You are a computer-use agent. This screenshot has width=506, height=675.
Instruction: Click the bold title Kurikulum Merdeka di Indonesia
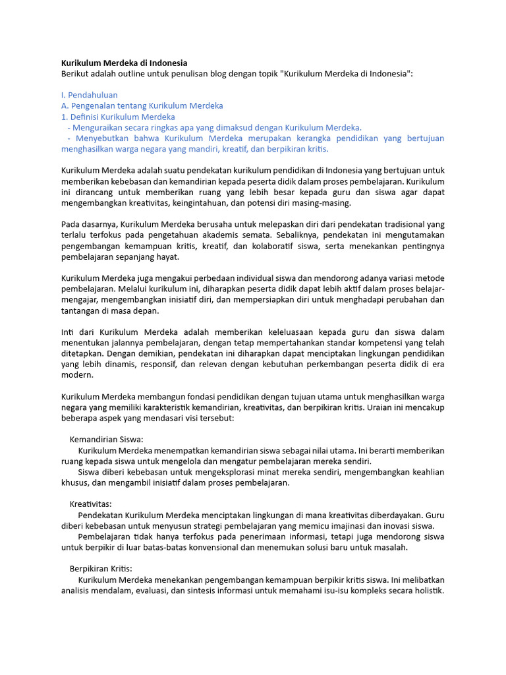124,63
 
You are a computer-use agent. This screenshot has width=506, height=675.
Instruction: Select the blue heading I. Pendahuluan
90,95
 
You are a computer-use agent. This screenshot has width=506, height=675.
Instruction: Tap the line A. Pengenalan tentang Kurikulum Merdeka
142,105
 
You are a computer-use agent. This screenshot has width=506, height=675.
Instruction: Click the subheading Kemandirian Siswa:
106,439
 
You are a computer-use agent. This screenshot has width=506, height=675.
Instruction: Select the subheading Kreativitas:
91,504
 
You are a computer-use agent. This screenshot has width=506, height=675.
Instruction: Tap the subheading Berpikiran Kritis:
101,568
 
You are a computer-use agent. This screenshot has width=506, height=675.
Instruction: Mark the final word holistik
428,590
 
